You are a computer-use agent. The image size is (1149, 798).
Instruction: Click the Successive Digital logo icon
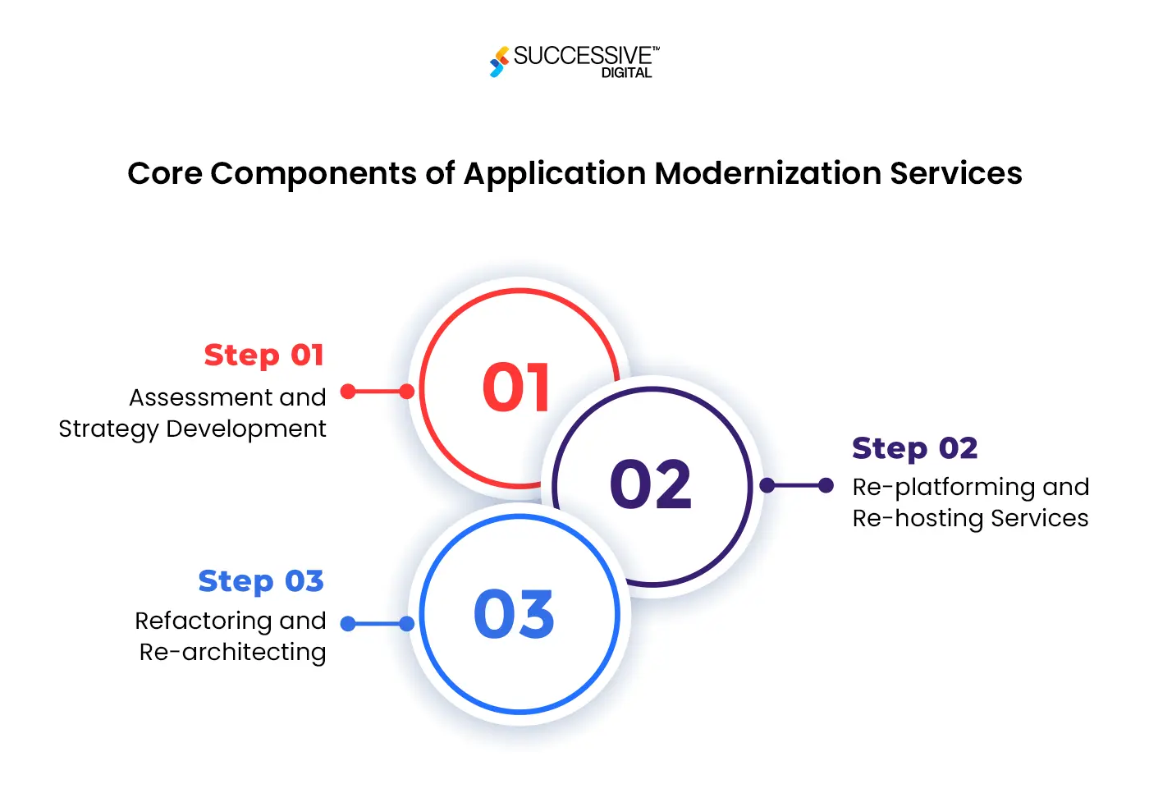[498, 62]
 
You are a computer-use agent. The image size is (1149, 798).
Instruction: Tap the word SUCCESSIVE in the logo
[582, 56]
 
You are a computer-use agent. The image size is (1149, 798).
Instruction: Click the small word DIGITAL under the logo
[626, 73]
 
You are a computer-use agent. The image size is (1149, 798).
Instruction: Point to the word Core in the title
[164, 173]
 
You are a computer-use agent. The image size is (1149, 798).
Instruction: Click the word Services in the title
[955, 173]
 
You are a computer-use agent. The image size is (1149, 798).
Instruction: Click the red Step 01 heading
[264, 355]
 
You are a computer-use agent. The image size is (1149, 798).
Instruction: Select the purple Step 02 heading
[914, 448]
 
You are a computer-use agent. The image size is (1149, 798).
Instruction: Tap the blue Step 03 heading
[261, 581]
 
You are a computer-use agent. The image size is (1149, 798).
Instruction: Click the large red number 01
[516, 388]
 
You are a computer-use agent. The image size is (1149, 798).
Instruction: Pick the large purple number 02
[651, 484]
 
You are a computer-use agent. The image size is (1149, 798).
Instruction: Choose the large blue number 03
[515, 614]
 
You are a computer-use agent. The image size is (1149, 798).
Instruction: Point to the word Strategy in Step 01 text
[108, 429]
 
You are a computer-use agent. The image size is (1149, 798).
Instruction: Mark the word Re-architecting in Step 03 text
[232, 652]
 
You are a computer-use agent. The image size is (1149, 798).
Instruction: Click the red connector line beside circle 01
[378, 392]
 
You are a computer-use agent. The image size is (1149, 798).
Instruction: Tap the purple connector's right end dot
[826, 485]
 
